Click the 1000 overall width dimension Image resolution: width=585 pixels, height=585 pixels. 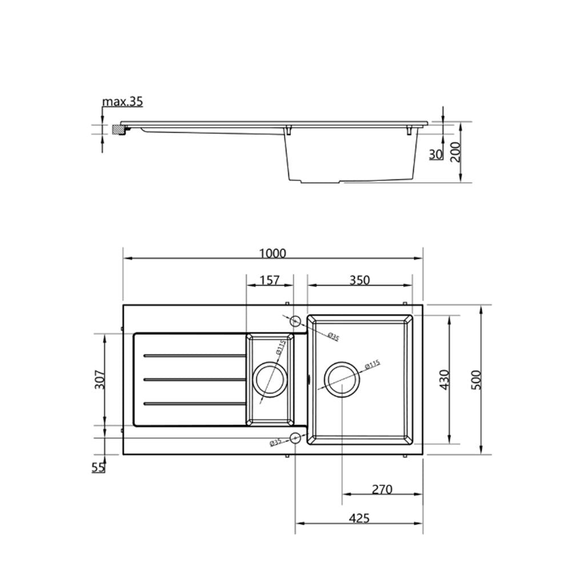click(x=273, y=253)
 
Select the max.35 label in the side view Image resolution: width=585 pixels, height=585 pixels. click(x=122, y=102)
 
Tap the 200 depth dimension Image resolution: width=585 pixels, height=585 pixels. click(x=455, y=153)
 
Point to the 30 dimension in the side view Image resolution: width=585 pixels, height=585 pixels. click(x=436, y=154)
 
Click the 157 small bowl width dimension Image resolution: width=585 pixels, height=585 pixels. click(x=269, y=280)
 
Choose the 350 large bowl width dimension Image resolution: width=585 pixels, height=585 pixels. click(x=359, y=280)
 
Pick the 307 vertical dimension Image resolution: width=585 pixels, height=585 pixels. click(x=99, y=379)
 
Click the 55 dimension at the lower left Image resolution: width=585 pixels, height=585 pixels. click(x=98, y=467)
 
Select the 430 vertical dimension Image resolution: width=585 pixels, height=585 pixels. click(x=445, y=379)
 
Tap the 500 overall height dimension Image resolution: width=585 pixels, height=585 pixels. click(x=476, y=379)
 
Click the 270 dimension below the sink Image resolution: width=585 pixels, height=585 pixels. click(x=382, y=490)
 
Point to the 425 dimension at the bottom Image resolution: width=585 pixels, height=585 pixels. click(x=359, y=518)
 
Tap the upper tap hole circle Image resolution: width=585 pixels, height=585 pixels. click(x=295, y=320)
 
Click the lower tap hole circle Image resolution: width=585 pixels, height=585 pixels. click(x=295, y=438)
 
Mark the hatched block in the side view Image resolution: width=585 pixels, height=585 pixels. click(x=119, y=130)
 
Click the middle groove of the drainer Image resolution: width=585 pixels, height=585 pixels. click(x=194, y=379)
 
